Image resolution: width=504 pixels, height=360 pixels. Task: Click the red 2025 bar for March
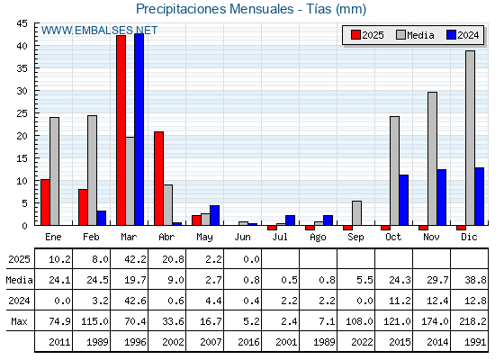pyautogui.click(x=121, y=130)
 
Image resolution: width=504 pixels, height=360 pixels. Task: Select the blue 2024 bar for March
pyautogui.click(x=139, y=130)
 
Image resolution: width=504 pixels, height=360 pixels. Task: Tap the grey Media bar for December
pyautogui.click(x=470, y=138)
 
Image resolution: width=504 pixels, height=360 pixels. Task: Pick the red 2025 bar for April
pyautogui.click(x=158, y=178)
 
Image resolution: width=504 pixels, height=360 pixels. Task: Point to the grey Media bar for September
pyautogui.click(x=356, y=213)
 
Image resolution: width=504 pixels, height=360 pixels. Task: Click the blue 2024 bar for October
pyautogui.click(x=404, y=200)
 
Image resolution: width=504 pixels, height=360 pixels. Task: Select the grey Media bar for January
pyautogui.click(x=54, y=171)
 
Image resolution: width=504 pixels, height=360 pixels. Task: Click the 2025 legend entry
pyautogui.click(x=367, y=35)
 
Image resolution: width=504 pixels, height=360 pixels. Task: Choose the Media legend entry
pyautogui.click(x=415, y=35)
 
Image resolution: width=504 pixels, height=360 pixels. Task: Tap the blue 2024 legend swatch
pyautogui.click(x=451, y=35)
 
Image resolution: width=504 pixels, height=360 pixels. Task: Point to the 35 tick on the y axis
pyautogui.click(x=22, y=68)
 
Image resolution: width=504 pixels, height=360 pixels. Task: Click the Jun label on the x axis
pyautogui.click(x=242, y=237)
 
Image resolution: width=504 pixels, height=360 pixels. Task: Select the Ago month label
pyautogui.click(x=318, y=238)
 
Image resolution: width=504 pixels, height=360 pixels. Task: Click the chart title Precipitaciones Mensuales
pyautogui.click(x=215, y=9)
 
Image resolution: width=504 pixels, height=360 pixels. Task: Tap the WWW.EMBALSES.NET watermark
pyautogui.click(x=99, y=31)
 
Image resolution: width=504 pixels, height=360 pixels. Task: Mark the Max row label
pyautogui.click(x=19, y=321)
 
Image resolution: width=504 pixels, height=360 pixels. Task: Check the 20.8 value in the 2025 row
pyautogui.click(x=173, y=259)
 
